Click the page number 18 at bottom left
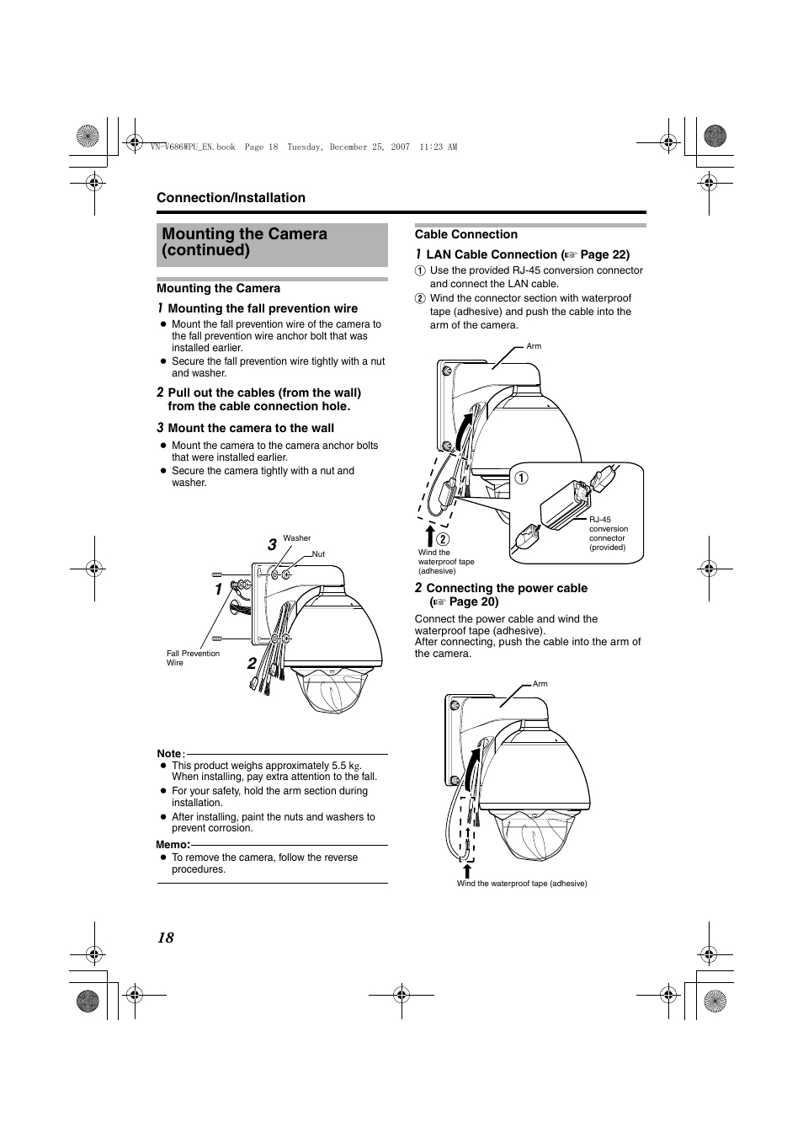(166, 938)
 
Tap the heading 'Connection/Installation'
(231, 198)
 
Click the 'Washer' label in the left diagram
(297, 538)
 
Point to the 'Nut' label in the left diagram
(318, 554)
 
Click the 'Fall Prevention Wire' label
(193, 658)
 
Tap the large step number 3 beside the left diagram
(272, 546)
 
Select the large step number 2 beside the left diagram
(252, 665)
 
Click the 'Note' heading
(169, 754)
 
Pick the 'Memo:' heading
(173, 845)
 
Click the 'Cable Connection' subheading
(465, 235)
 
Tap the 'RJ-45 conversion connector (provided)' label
(608, 533)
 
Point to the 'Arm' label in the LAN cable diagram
(534, 346)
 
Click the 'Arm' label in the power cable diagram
(540, 684)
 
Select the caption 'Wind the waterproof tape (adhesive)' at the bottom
(522, 884)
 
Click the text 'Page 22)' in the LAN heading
(604, 254)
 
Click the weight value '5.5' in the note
(338, 766)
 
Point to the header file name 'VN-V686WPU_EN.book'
(192, 147)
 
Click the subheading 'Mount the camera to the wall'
(251, 428)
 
